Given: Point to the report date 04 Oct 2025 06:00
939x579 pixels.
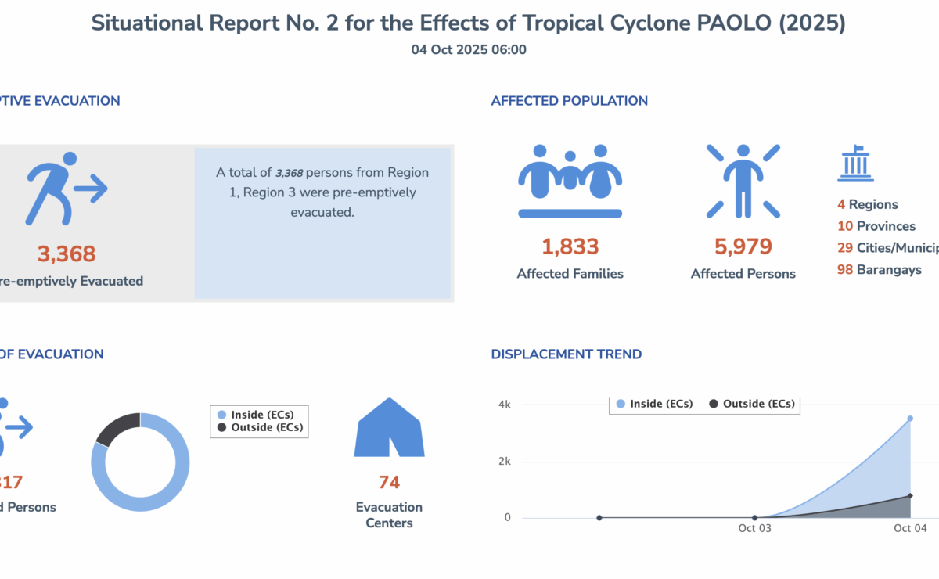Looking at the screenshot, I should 469,50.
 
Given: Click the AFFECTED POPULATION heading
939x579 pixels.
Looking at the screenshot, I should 569,101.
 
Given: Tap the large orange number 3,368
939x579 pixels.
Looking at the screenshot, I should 67,254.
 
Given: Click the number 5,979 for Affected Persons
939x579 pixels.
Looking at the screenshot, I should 743,246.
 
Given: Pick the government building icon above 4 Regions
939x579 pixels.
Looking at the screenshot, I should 855,164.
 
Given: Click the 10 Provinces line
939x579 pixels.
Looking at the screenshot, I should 876,226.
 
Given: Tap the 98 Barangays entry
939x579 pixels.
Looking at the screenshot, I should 879,270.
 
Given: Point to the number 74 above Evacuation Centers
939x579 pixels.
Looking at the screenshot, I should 389,482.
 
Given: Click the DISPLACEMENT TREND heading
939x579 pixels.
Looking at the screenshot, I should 566,354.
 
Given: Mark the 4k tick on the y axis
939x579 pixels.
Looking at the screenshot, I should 505,405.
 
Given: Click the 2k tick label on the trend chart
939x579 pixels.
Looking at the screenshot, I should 505,462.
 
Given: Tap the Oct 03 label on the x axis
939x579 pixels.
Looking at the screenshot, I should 754,529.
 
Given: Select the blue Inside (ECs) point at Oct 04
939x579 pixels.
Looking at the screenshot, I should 910,419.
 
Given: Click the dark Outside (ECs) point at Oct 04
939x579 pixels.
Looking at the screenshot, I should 910,495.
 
